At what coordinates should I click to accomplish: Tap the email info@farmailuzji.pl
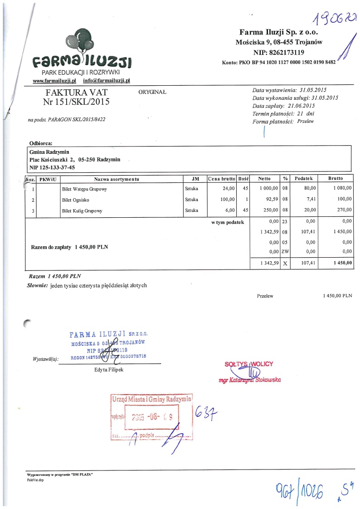click(x=107, y=80)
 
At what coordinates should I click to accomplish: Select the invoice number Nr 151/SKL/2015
click(x=76, y=102)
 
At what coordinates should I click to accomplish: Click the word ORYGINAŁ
click(x=152, y=92)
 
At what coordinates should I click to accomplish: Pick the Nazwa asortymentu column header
click(x=117, y=179)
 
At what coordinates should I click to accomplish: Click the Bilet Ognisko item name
click(x=75, y=200)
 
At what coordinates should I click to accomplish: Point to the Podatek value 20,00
click(x=310, y=210)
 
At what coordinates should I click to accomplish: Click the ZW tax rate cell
click(x=285, y=251)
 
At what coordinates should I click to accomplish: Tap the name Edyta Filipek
click(x=107, y=370)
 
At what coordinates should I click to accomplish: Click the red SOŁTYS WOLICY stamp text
click(x=249, y=364)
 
